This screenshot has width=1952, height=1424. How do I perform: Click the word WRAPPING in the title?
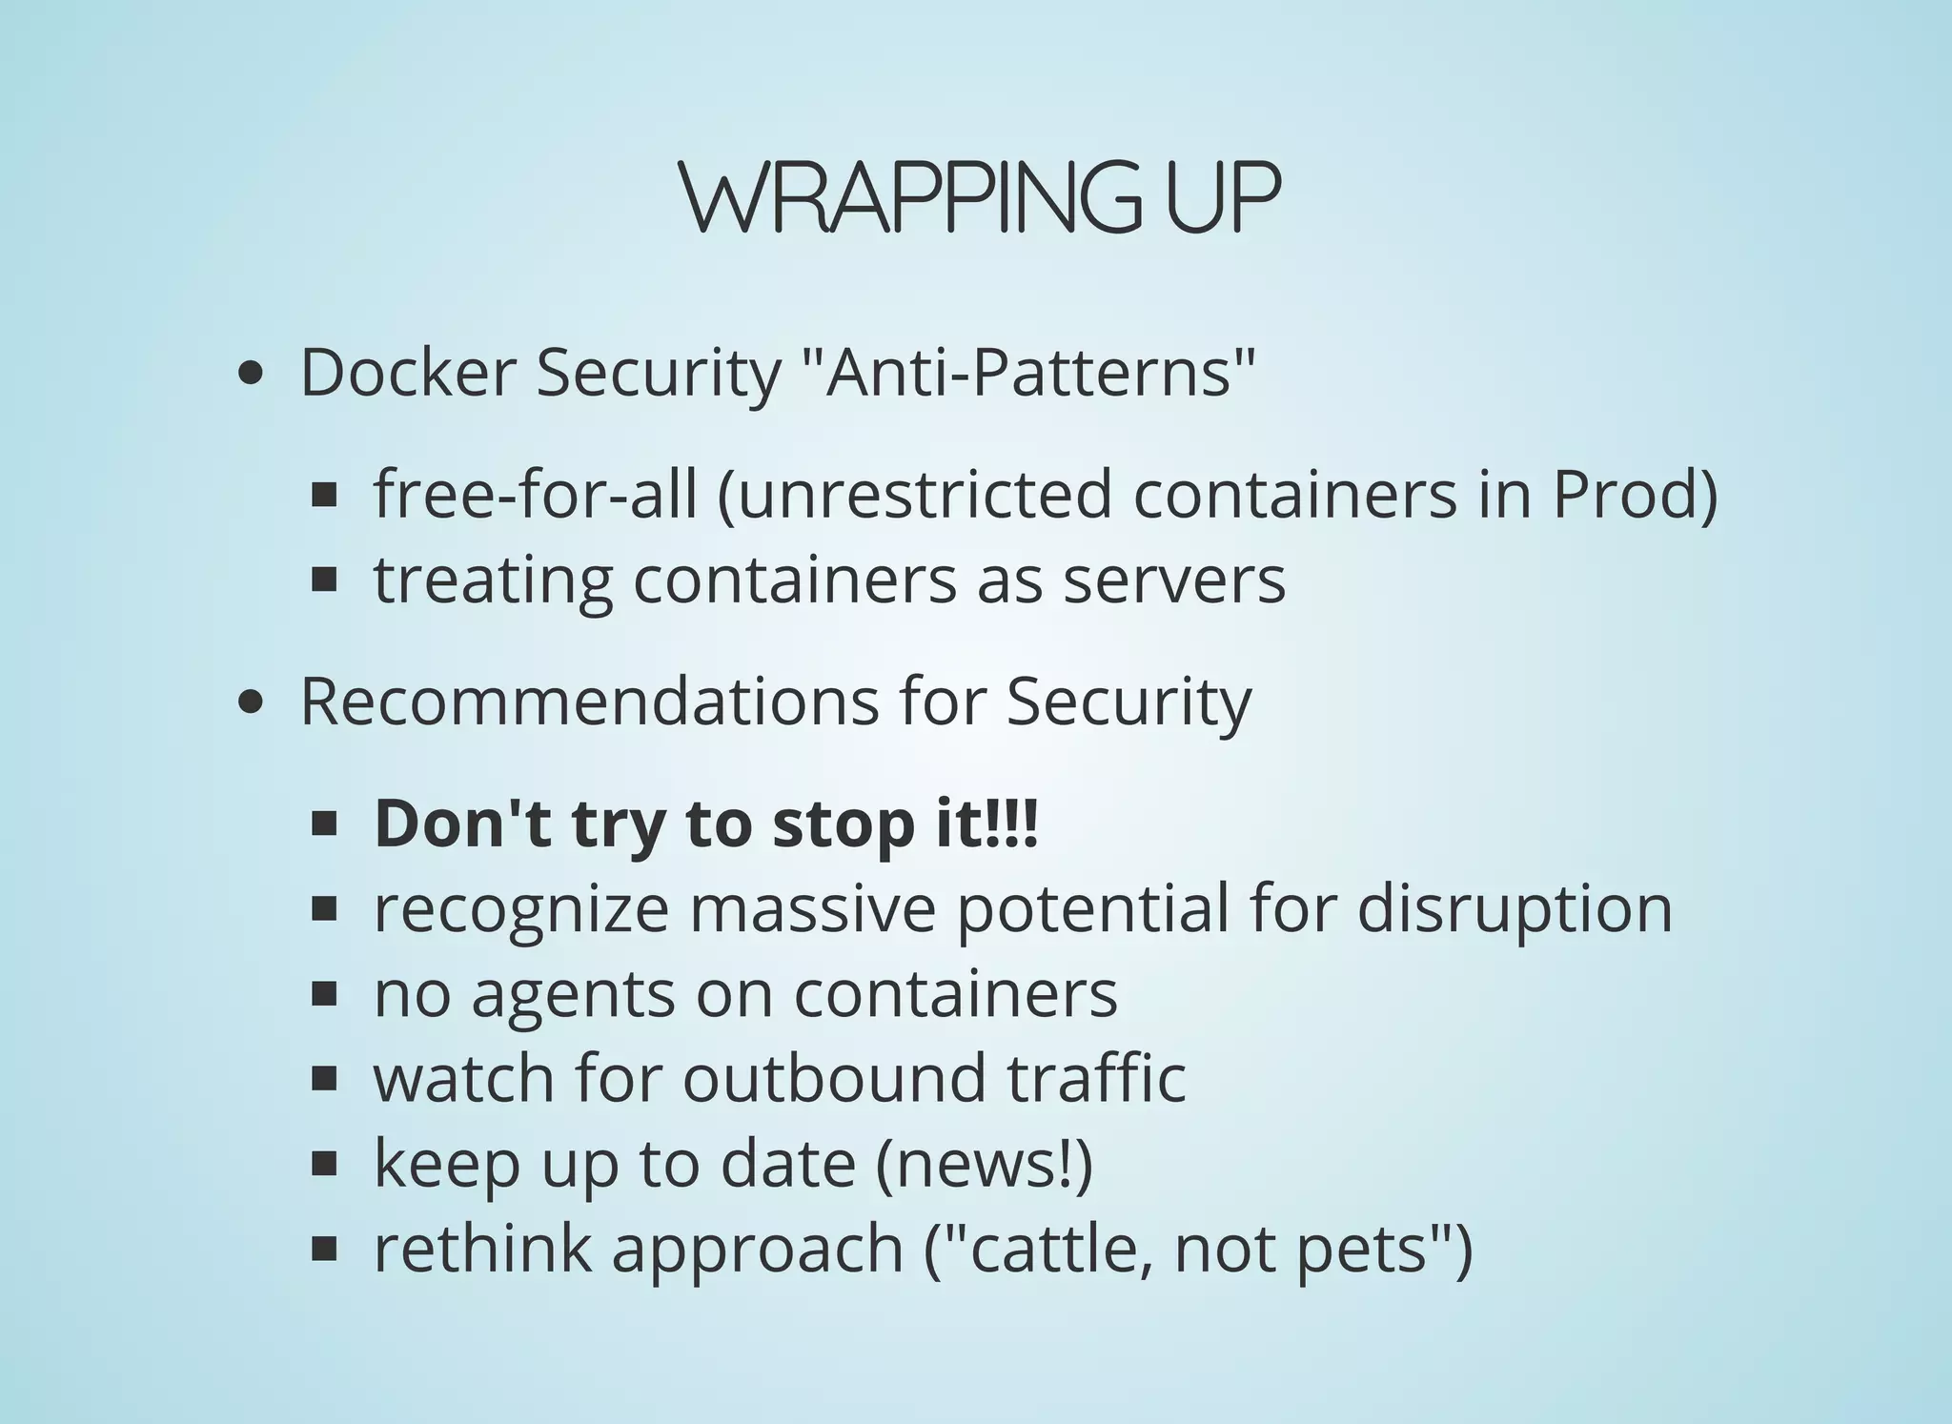pos(910,197)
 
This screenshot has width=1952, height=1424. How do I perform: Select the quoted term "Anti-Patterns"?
pos(1026,373)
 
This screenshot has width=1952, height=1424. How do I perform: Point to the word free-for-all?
pos(535,495)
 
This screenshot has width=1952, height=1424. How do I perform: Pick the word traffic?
pos(1096,1078)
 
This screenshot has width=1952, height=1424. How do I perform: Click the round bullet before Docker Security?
pos(250,374)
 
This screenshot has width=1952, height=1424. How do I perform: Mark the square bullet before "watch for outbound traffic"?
pos(325,1079)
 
